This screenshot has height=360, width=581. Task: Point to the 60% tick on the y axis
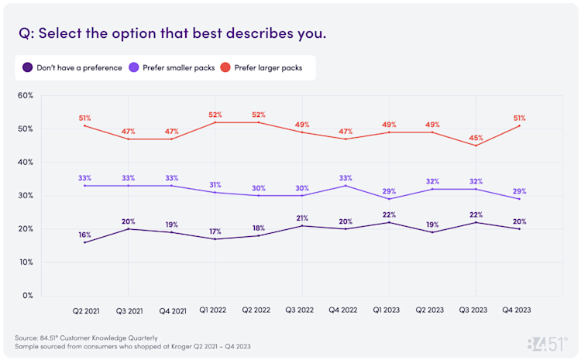click(24, 96)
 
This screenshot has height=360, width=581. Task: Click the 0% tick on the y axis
click(27, 295)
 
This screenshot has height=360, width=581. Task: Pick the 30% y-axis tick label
click(24, 196)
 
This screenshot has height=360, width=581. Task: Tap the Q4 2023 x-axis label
click(518, 310)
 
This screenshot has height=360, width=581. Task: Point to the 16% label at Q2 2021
click(84, 234)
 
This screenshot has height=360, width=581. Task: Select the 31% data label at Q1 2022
click(215, 184)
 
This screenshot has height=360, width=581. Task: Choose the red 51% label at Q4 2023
click(519, 118)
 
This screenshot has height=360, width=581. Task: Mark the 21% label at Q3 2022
click(302, 218)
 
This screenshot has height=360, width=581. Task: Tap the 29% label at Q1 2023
click(389, 190)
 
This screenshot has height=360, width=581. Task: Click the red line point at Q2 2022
click(259, 122)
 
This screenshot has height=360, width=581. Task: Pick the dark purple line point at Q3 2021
click(129, 229)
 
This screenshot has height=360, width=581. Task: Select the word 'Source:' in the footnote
click(27, 337)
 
